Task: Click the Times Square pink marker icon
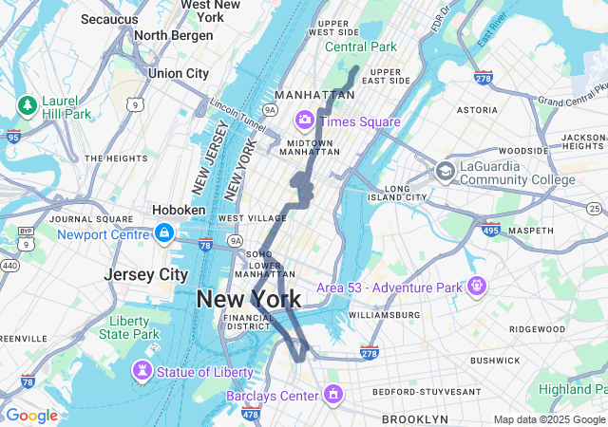pyautogui.click(x=305, y=121)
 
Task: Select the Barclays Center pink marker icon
pyautogui.click(x=332, y=394)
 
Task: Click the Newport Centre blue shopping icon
pyautogui.click(x=164, y=233)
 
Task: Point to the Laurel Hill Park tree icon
pyautogui.click(x=27, y=102)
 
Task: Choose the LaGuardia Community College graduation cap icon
pyautogui.click(x=445, y=172)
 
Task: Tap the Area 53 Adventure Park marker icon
pyautogui.click(x=476, y=286)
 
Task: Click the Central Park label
pyautogui.click(x=361, y=46)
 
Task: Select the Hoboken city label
pyautogui.click(x=179, y=210)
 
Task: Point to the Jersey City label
pyautogui.click(x=146, y=274)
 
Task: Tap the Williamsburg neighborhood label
pyautogui.click(x=384, y=314)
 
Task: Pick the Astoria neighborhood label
pyautogui.click(x=478, y=110)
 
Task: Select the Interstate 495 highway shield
pyautogui.click(x=491, y=230)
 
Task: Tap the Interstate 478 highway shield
pyautogui.click(x=251, y=414)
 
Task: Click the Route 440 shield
pyautogui.click(x=9, y=266)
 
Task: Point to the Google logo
pyautogui.click(x=31, y=415)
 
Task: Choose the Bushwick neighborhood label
pyautogui.click(x=495, y=361)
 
